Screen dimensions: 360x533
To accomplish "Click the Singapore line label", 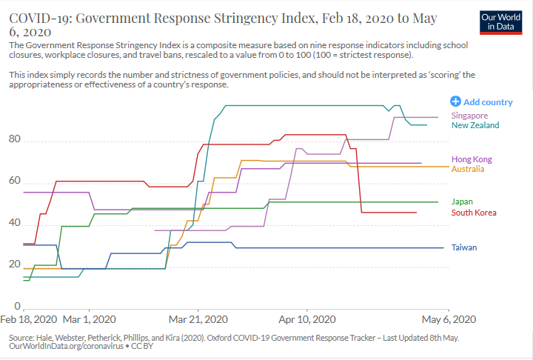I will point(469,116).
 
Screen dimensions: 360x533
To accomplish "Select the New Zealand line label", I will point(475,125).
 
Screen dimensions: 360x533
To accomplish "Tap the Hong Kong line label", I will point(472,159).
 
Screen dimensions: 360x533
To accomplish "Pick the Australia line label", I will point(468,169).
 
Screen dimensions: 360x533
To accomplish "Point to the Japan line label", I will point(462,201).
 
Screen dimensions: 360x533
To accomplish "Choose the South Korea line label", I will point(474,213).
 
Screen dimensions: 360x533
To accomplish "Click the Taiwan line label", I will point(464,247).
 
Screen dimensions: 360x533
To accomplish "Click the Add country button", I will point(481,101).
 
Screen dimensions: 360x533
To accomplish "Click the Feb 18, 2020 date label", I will point(29,319).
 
